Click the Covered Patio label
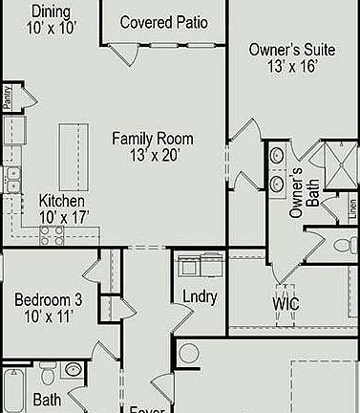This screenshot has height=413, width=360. pyautogui.click(x=164, y=22)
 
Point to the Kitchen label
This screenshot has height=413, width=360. pyautogui.click(x=62, y=202)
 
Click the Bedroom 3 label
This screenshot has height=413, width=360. pyautogui.click(x=48, y=300)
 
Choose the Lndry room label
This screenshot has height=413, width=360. pyautogui.click(x=199, y=297)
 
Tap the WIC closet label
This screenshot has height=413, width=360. pyautogui.click(x=286, y=304)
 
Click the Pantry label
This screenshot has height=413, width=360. pyautogui.click(x=8, y=98)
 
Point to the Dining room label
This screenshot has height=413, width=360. pyautogui.click(x=50, y=11)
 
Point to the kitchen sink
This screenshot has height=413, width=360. pyautogui.click(x=12, y=179)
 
